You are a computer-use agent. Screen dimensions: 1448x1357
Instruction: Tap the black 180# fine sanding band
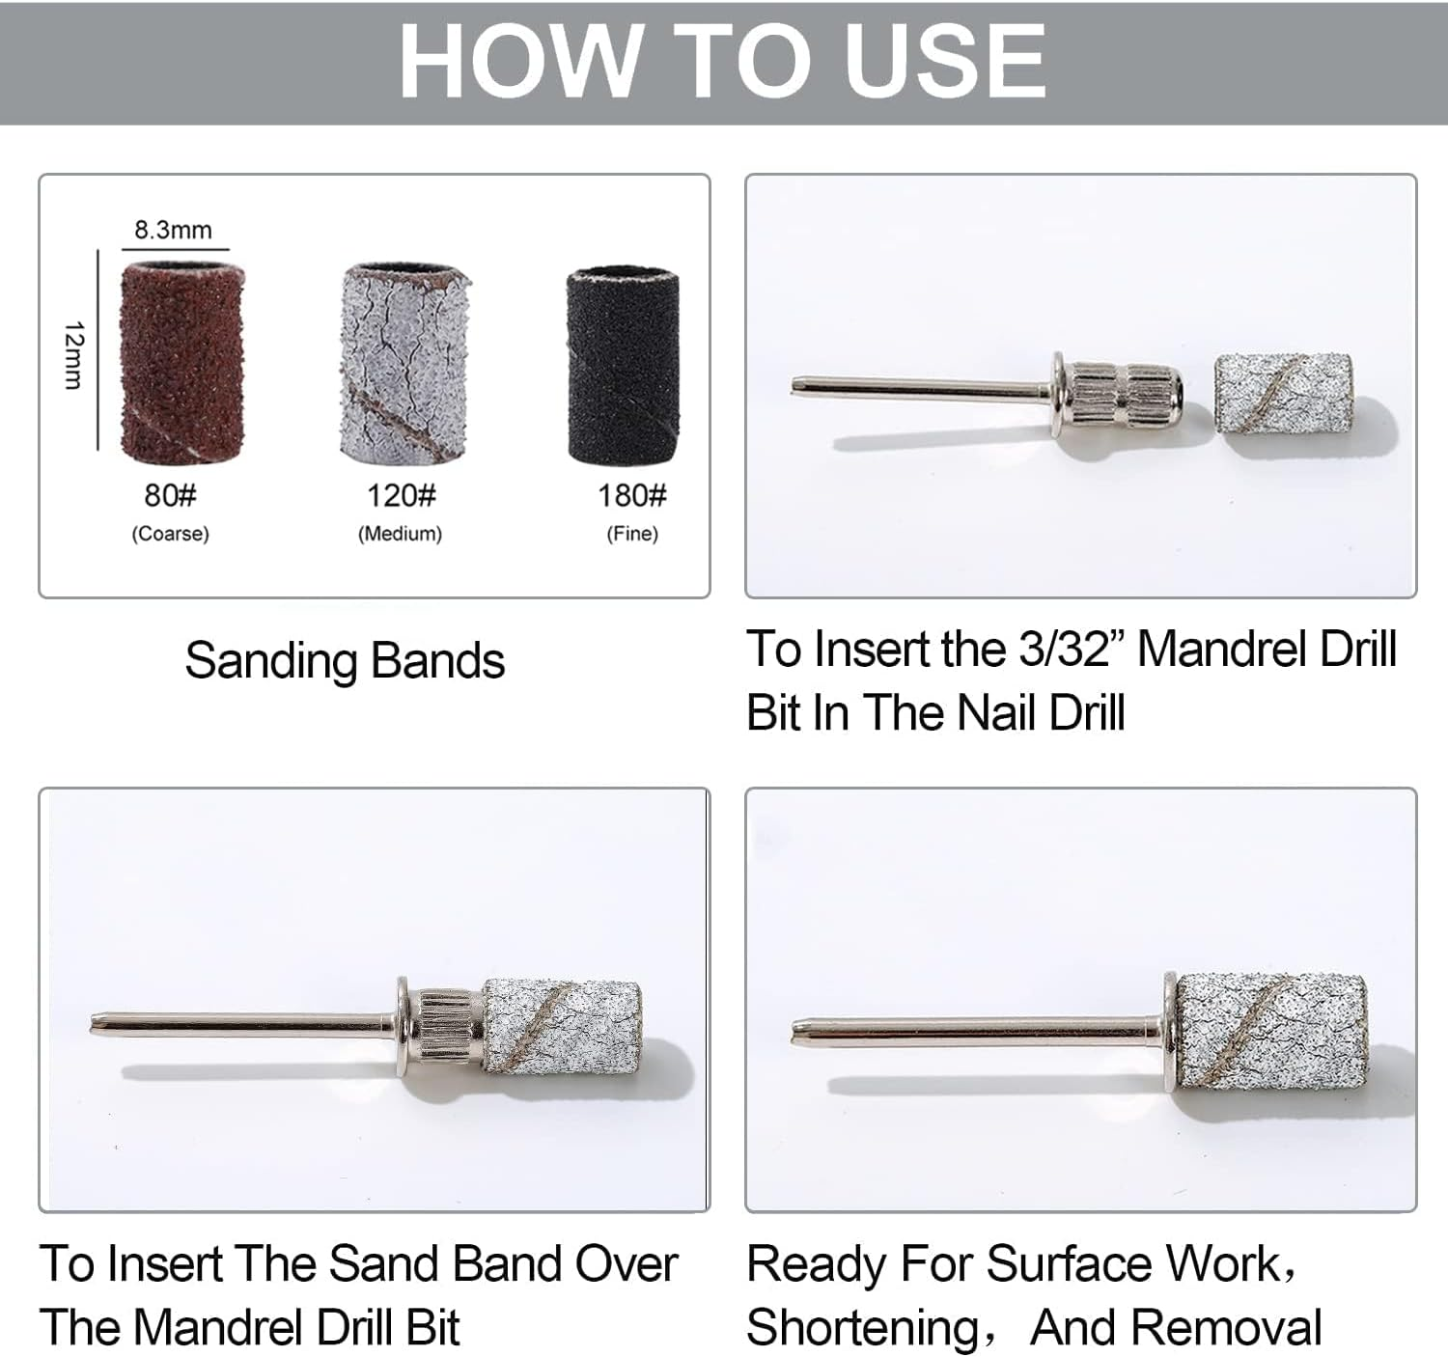[623, 366]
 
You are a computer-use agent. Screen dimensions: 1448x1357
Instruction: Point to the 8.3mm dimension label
[173, 231]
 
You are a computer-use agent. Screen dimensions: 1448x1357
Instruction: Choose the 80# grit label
[171, 496]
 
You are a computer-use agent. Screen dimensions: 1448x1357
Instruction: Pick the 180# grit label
[632, 496]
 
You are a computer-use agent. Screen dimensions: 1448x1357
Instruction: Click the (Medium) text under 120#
[401, 534]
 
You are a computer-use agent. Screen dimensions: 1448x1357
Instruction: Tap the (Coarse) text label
[171, 534]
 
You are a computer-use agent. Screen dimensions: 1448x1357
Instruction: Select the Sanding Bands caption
[345, 660]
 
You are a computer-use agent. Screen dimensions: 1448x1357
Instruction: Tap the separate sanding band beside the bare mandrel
[1283, 395]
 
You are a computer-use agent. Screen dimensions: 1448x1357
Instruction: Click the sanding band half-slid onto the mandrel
[562, 1027]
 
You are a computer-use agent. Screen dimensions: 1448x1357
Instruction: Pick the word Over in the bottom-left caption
[627, 1263]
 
